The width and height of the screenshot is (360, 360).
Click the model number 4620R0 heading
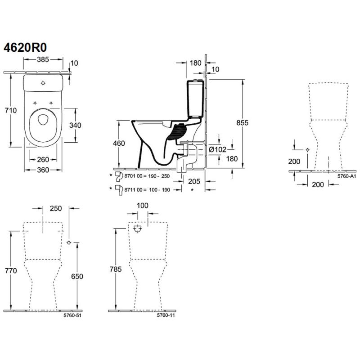coord(25,48)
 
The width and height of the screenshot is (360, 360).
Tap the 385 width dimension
coord(43,59)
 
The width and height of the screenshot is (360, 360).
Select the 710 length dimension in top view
coord(11,110)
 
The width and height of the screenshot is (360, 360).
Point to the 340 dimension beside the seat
coord(75,125)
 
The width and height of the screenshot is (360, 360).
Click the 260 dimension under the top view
coord(43,159)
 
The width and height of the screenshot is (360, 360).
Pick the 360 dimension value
coord(43,170)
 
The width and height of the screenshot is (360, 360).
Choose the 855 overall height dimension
coord(243,123)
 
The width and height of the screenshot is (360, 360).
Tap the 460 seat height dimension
coord(119,143)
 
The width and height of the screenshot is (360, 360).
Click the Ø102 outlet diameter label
coord(218,149)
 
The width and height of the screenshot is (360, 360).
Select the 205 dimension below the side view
coord(194,181)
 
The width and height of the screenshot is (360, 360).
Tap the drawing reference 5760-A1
coord(346,176)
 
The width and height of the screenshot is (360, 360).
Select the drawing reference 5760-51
coord(72,315)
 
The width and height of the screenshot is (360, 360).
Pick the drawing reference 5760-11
coord(166,315)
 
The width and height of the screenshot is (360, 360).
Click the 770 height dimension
coord(11,271)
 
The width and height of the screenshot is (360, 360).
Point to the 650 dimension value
coord(77,276)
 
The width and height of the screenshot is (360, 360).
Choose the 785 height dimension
coord(115,269)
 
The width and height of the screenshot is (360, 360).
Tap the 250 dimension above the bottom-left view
coord(56,208)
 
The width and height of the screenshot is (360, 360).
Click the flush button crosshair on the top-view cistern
coord(43,83)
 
